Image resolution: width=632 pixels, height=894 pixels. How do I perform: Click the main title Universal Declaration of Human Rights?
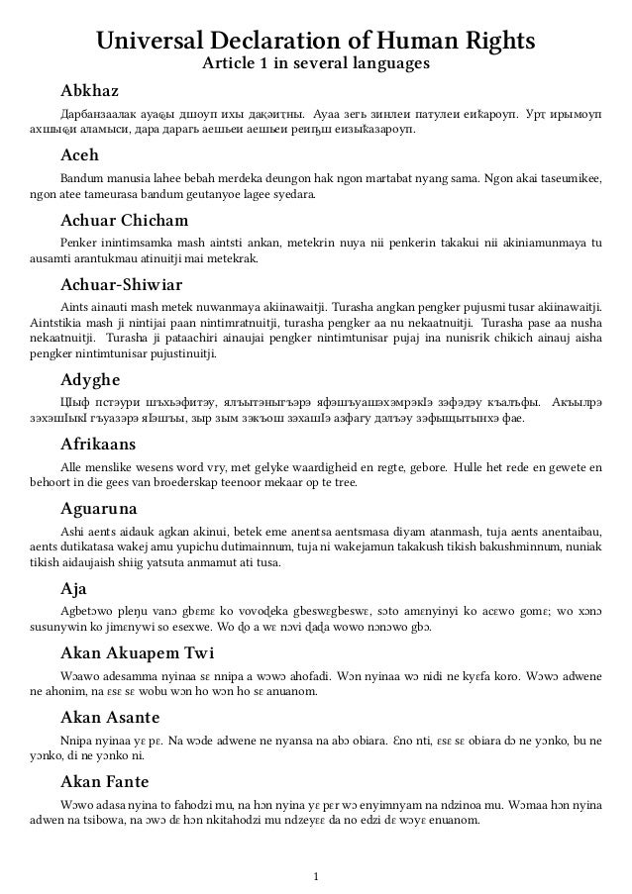(315, 41)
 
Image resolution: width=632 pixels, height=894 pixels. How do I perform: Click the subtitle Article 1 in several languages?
(315, 65)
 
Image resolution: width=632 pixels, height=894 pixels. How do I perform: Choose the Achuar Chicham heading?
(124, 219)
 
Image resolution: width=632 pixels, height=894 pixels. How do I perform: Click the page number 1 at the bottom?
(315, 875)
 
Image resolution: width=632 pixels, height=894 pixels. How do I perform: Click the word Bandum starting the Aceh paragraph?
(81, 179)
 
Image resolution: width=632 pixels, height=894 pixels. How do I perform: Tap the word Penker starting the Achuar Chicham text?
(77, 243)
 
